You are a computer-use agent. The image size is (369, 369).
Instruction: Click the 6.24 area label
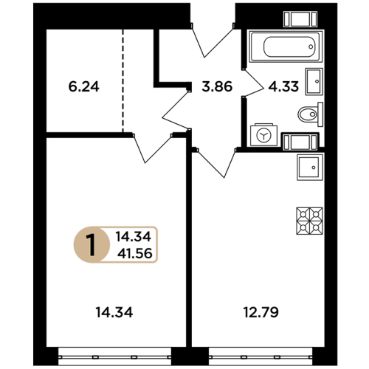pyautogui.click(x=83, y=86)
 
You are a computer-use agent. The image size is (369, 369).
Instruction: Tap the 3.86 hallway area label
pyautogui.click(x=217, y=86)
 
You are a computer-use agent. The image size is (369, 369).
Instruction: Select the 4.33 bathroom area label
pyautogui.click(x=283, y=86)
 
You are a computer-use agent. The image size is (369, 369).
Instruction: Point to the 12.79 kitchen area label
pyautogui.click(x=261, y=312)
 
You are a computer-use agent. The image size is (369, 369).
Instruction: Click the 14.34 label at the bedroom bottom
pyautogui.click(x=114, y=312)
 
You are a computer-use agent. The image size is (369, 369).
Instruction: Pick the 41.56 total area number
pyautogui.click(x=135, y=253)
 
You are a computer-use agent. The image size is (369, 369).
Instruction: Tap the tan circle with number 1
pyautogui.click(x=92, y=244)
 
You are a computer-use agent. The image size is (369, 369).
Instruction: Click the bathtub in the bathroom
pyautogui.click(x=286, y=46)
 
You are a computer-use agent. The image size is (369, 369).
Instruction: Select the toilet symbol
pyautogui.click(x=311, y=114)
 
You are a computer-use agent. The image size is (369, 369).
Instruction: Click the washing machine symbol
pyautogui.click(x=263, y=135)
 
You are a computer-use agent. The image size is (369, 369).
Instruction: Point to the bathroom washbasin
pyautogui.click(x=314, y=81)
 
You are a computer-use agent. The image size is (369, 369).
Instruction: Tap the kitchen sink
pyautogui.click(x=310, y=168)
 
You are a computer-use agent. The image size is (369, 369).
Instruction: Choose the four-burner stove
pyautogui.click(x=309, y=221)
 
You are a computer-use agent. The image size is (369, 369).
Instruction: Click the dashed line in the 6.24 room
pyautogui.click(x=123, y=80)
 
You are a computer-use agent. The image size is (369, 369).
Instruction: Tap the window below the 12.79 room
pyautogui.click(x=261, y=356)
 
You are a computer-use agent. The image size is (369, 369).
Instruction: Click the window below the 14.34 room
pyautogui.click(x=114, y=356)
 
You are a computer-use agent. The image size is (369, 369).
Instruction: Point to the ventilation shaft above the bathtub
pyautogui.click(x=300, y=19)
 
